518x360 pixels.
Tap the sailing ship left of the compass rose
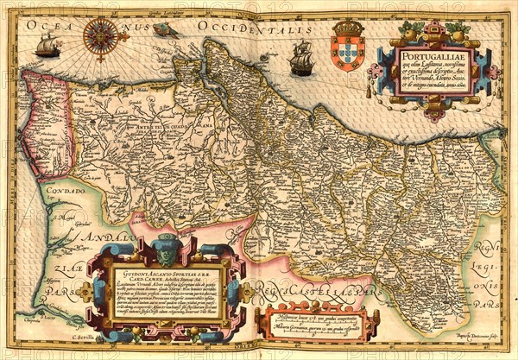(x=47, y=47)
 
